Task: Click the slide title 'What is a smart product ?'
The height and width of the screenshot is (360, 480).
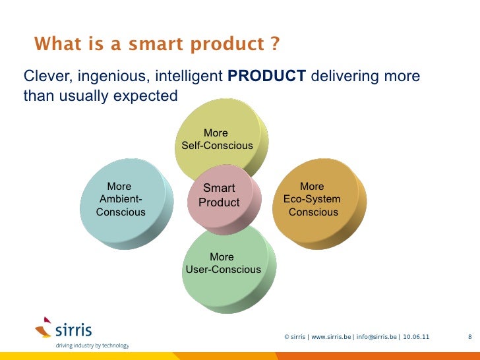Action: tap(157, 44)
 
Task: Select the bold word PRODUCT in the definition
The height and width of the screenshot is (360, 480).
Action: tap(266, 77)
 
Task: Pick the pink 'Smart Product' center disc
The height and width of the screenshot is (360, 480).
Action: tap(219, 195)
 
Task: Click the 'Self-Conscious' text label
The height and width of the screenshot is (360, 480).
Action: tap(217, 145)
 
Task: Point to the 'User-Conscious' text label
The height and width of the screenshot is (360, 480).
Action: tap(224, 270)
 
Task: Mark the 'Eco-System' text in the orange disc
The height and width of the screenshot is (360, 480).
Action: tap(312, 199)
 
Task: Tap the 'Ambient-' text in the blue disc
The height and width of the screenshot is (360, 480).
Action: tap(121, 199)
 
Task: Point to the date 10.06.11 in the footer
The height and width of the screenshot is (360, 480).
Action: tap(415, 337)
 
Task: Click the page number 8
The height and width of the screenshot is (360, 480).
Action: tap(469, 337)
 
